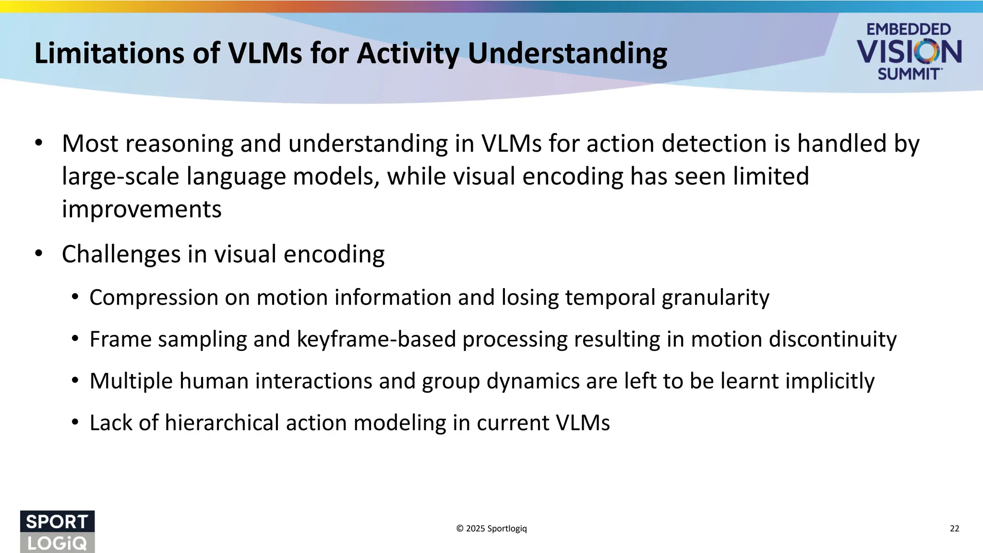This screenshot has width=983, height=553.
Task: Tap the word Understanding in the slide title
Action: click(567, 54)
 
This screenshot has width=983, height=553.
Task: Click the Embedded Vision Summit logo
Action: click(909, 52)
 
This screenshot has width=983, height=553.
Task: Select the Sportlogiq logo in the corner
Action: click(57, 531)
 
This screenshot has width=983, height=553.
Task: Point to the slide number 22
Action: click(954, 529)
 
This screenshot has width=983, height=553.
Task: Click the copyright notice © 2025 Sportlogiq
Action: click(491, 529)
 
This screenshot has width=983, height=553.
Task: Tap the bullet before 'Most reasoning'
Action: click(39, 143)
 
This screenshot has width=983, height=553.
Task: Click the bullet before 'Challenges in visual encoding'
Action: click(39, 253)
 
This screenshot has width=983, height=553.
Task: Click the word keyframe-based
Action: click(376, 339)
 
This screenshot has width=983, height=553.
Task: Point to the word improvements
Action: click(142, 209)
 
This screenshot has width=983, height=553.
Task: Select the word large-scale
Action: click(120, 177)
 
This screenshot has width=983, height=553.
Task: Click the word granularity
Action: click(715, 298)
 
